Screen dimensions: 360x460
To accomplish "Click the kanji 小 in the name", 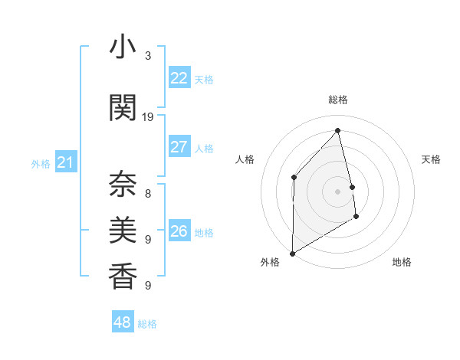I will [123, 49].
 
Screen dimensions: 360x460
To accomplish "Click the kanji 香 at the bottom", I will [123, 275].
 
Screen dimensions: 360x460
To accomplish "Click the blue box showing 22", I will [179, 78].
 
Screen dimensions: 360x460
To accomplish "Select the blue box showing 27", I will [179, 147].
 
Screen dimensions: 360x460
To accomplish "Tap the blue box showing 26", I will [179, 231].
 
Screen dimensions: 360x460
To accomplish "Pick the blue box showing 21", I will [65, 162].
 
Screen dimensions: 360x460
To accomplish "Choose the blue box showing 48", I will [123, 322].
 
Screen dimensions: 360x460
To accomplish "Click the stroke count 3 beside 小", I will [148, 56].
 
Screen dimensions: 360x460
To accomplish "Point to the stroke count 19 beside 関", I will [148, 117].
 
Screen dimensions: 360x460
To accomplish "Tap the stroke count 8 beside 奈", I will [148, 194].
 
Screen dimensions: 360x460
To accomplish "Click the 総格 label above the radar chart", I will [338, 100].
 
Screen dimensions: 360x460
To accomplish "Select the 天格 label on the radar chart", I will [432, 159].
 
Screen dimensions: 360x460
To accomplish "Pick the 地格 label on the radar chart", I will [402, 262].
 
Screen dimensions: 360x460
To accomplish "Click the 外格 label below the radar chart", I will [270, 262].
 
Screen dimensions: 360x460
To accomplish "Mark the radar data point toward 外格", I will [292, 253].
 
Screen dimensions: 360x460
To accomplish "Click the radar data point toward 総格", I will [337, 130].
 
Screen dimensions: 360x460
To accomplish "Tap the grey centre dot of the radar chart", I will [337, 191].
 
